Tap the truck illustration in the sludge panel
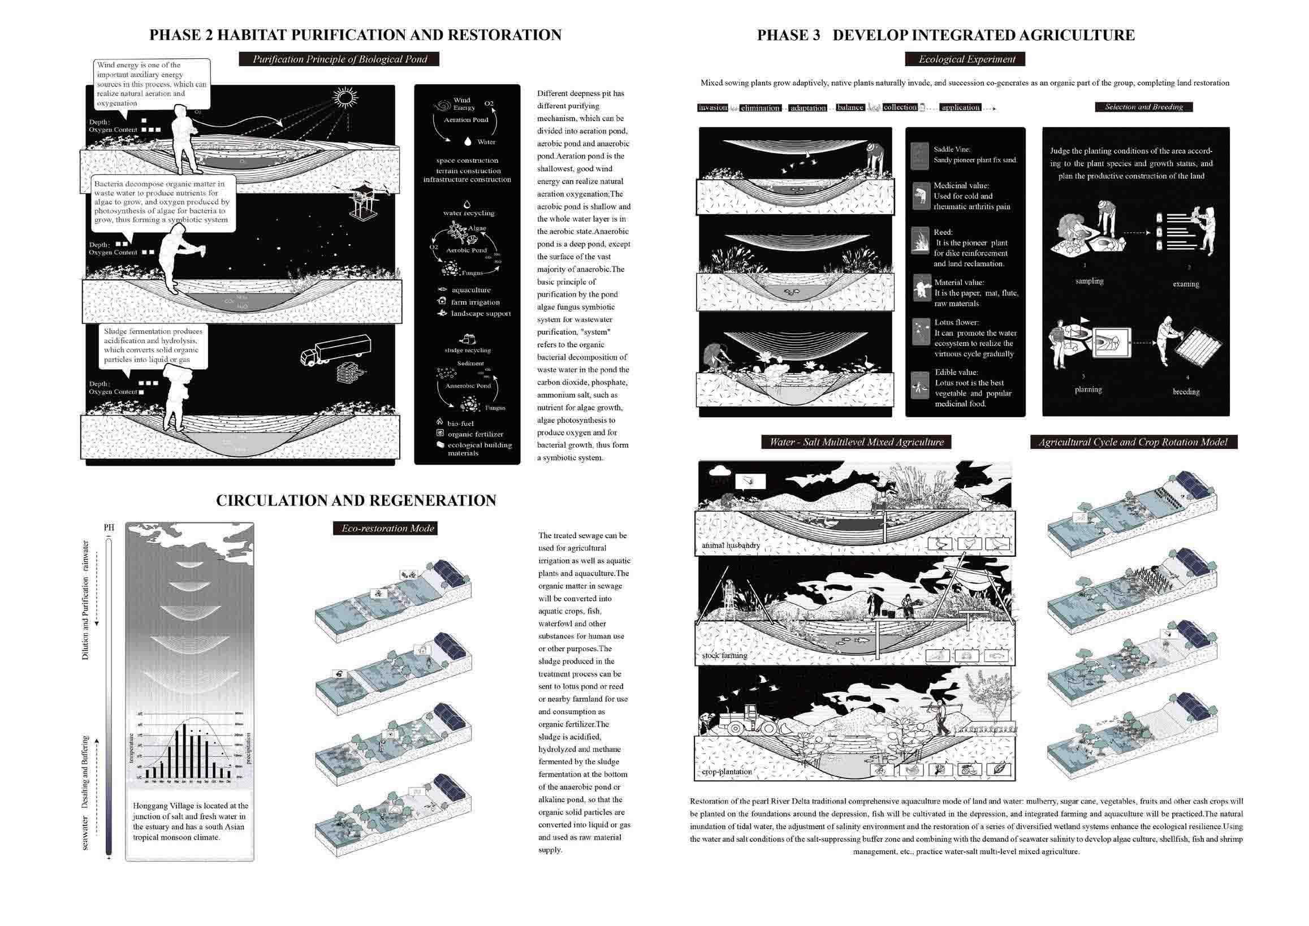click(x=335, y=349)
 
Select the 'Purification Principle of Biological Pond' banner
click(x=339, y=59)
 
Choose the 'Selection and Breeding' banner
click(x=1143, y=107)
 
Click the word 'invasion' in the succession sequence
click(x=712, y=107)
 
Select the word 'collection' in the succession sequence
click(x=900, y=107)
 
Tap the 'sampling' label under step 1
click(x=1089, y=280)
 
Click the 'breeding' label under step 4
click(x=1186, y=392)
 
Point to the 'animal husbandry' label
click(x=731, y=546)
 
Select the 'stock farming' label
click(x=724, y=656)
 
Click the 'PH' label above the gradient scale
click(x=109, y=528)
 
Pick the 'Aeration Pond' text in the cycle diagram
click(x=466, y=120)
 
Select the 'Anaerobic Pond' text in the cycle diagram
click(x=468, y=386)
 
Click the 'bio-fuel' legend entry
click(x=460, y=423)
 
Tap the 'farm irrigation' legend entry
click(x=474, y=302)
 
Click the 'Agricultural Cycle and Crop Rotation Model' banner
click(x=1133, y=442)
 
